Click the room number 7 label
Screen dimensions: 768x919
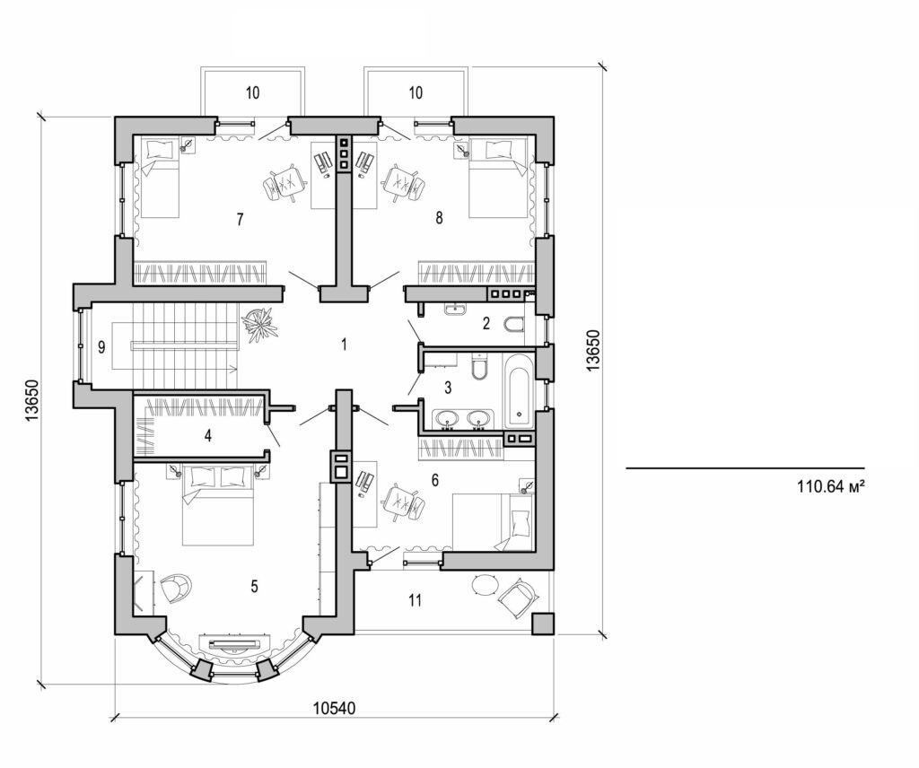click(x=241, y=219)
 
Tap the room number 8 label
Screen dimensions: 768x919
click(x=439, y=219)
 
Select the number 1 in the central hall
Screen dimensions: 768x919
click(x=343, y=343)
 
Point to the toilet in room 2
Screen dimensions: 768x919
click(x=514, y=325)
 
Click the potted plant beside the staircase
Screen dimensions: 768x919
click(x=259, y=324)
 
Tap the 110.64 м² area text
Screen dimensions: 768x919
click(x=830, y=489)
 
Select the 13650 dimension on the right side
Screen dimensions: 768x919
click(x=593, y=350)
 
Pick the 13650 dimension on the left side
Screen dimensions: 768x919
click(x=31, y=400)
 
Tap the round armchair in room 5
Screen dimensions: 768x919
click(x=177, y=588)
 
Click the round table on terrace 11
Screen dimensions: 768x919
click(x=485, y=584)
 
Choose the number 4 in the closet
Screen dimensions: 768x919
click(x=208, y=438)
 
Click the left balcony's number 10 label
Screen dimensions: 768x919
click(x=252, y=93)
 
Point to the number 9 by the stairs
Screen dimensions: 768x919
click(x=101, y=347)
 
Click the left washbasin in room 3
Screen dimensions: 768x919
click(x=446, y=417)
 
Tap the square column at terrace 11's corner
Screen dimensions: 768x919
click(x=542, y=624)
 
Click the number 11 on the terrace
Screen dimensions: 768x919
click(x=414, y=599)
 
